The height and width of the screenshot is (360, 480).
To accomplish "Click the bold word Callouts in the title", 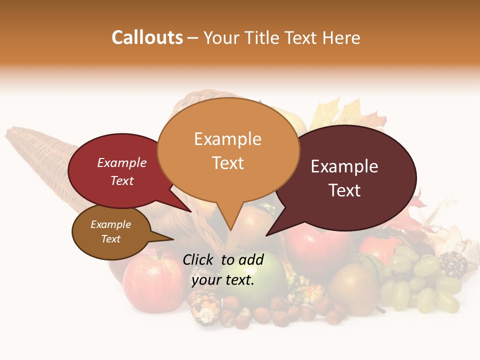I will (x=147, y=37).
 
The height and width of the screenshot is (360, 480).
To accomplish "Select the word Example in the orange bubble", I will (x=228, y=139).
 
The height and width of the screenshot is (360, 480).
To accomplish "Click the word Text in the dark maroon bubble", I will (x=345, y=190).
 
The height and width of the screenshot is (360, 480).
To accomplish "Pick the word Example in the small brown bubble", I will (x=111, y=224).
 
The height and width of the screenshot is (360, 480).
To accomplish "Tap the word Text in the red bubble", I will (x=122, y=180).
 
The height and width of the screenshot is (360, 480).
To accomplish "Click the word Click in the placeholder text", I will (x=198, y=259).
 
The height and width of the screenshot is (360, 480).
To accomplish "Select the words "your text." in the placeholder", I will (x=223, y=280).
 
